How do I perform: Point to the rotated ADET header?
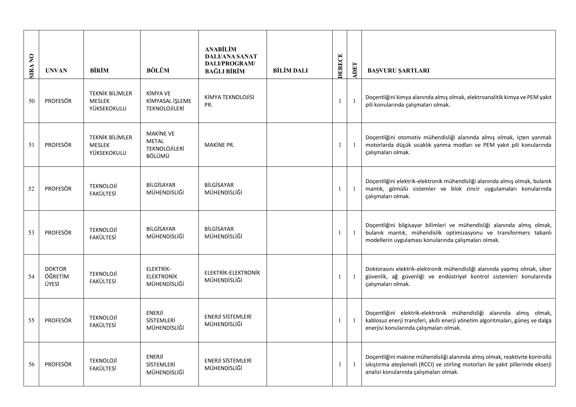point(355,70)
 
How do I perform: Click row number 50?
point(32,101)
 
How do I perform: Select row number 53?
point(31,233)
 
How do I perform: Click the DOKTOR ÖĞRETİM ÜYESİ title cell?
point(57,276)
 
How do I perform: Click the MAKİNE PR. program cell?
point(219,145)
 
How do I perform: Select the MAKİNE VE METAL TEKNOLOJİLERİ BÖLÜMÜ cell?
point(165,145)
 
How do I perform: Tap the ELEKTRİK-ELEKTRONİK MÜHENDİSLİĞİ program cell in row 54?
point(232,276)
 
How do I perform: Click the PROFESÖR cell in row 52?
point(58,189)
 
